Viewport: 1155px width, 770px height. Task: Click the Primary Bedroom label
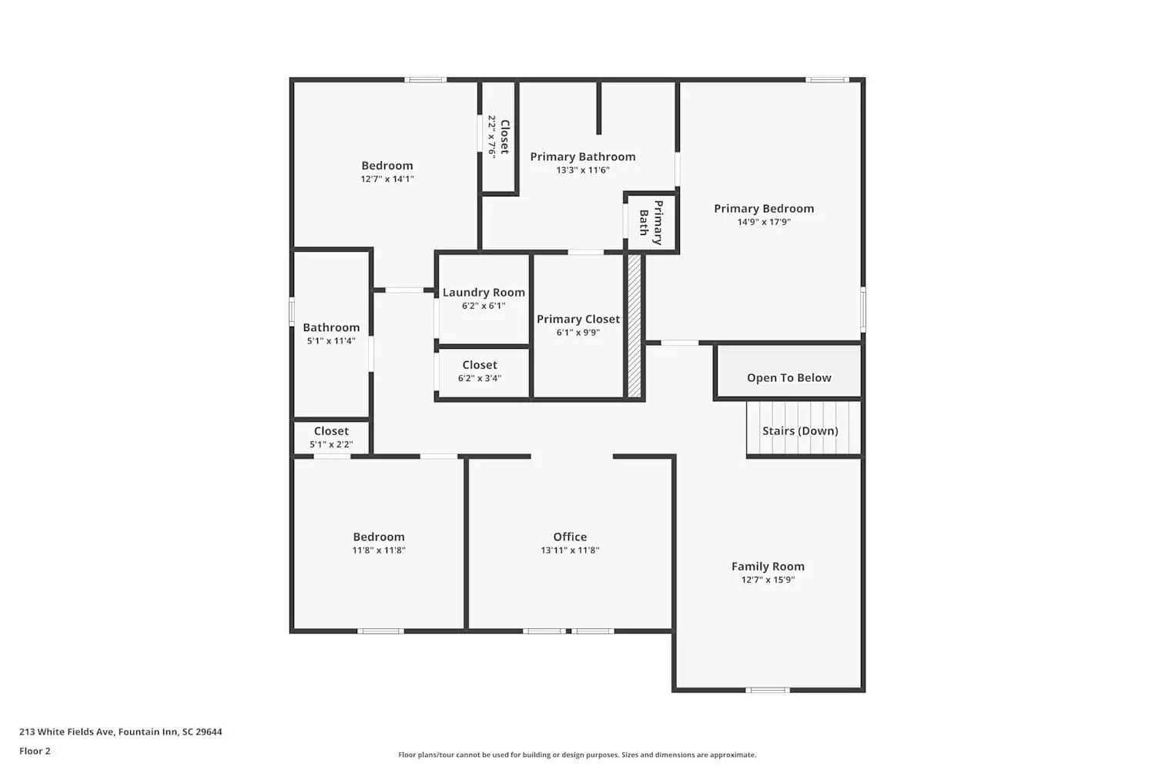pos(763,209)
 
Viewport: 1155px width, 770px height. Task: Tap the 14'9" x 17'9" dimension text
pos(763,222)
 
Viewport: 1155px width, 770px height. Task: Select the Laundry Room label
pos(484,293)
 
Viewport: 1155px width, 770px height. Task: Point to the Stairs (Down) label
pos(800,430)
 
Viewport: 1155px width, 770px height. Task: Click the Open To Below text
pos(788,377)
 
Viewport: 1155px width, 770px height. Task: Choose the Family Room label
pos(768,567)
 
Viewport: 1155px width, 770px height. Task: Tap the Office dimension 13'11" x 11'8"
pos(570,551)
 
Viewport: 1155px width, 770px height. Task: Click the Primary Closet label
pos(578,319)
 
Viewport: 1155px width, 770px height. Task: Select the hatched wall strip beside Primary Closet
pos(634,326)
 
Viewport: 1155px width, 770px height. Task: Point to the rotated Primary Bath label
pos(651,223)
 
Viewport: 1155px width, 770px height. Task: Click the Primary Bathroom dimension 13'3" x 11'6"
pos(583,170)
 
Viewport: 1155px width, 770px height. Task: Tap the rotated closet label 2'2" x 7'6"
pos(492,136)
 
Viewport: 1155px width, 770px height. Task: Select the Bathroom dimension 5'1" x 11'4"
pos(331,341)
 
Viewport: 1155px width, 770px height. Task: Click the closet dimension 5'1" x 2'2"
pos(331,444)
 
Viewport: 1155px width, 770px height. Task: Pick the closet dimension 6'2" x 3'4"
pos(480,378)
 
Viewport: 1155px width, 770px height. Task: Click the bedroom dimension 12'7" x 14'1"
pos(387,179)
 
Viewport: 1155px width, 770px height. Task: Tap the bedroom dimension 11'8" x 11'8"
pos(379,551)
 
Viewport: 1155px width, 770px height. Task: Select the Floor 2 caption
pos(35,752)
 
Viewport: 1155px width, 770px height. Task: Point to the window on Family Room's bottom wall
pos(768,690)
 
